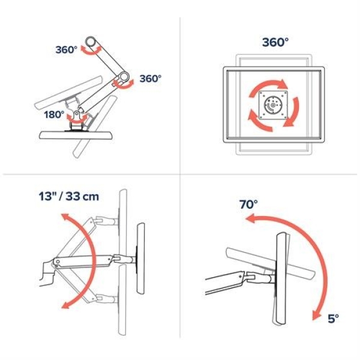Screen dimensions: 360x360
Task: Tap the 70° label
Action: pyautogui.click(x=247, y=204)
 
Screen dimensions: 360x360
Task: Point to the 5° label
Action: pyautogui.click(x=332, y=318)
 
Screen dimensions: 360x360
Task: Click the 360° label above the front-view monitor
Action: pyautogui.click(x=275, y=43)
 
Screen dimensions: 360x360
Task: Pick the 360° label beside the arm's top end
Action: pyautogui.click(x=66, y=50)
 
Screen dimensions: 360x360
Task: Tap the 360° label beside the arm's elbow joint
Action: pyautogui.click(x=151, y=79)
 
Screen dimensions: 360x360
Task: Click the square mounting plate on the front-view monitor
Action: pyautogui.click(x=273, y=106)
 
